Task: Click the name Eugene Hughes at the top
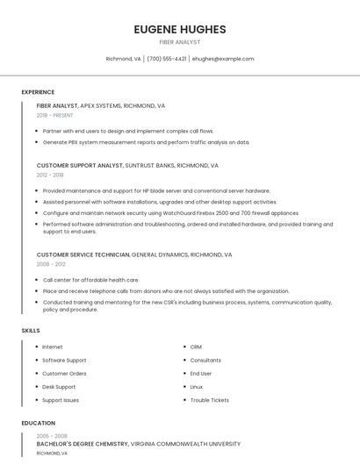click(179, 29)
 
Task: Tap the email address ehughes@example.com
click(222, 59)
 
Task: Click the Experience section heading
click(38, 92)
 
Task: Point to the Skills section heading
click(31, 330)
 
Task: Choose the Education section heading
click(39, 423)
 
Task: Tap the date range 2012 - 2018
click(50, 175)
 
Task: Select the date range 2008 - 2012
click(51, 263)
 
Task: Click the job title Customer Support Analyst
click(80, 165)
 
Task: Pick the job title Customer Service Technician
click(83, 254)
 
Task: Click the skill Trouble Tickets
click(209, 400)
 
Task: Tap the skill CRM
click(196, 347)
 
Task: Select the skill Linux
click(197, 387)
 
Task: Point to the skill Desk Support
click(59, 387)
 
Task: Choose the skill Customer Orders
click(64, 374)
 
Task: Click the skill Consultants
click(205, 360)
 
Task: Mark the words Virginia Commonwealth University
click(185, 444)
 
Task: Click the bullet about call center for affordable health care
click(90, 280)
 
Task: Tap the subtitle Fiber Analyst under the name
click(179, 42)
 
